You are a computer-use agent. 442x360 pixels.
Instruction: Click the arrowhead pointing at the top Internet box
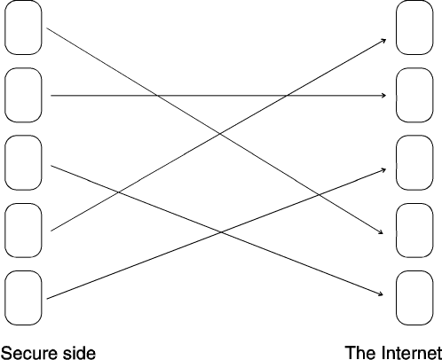[383, 41]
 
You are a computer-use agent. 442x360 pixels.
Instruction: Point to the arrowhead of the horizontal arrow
[384, 95]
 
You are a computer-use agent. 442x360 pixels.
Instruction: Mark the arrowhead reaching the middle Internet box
[383, 169]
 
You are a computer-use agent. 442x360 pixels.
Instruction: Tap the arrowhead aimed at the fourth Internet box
[381, 232]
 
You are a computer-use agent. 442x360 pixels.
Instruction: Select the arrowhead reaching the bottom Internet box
[381, 293]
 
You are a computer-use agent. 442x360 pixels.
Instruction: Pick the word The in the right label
[361, 353]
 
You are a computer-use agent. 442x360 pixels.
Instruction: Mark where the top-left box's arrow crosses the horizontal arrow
[157, 95]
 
